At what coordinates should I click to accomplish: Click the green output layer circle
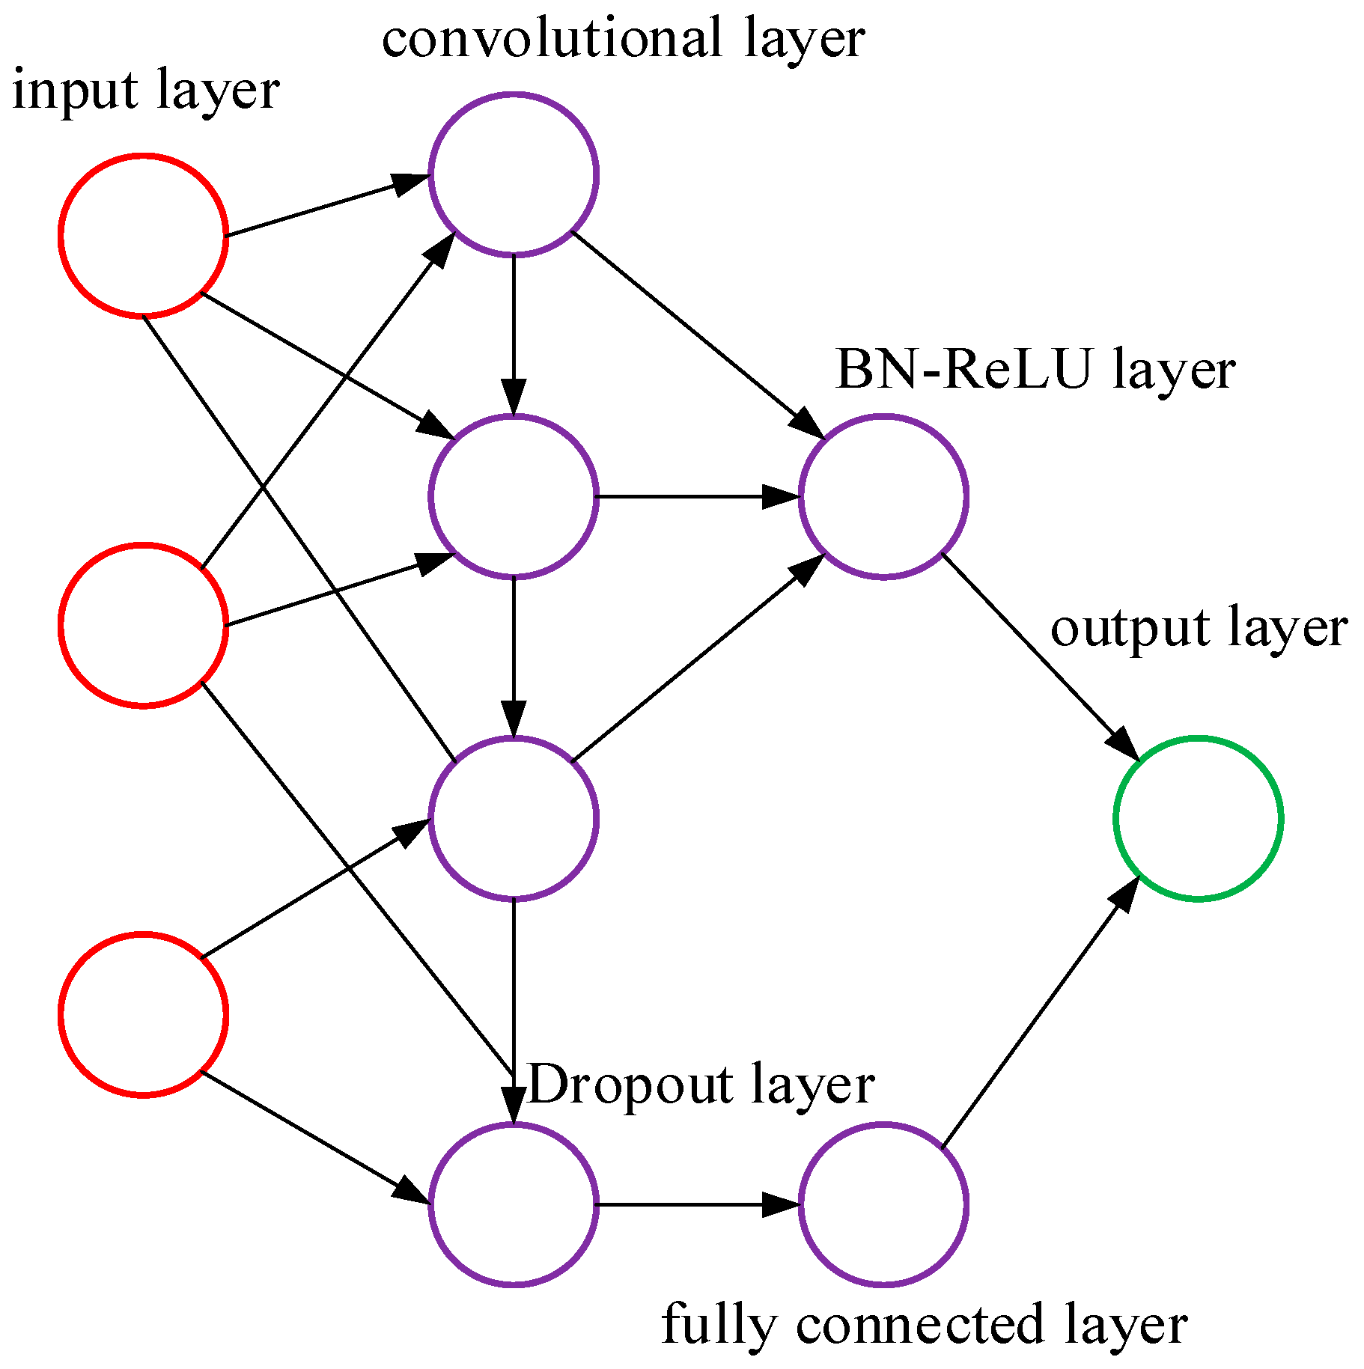pyautogui.click(x=1198, y=818)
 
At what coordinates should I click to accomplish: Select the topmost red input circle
pyautogui.click(x=143, y=236)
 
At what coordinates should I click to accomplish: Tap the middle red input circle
pyautogui.click(x=143, y=625)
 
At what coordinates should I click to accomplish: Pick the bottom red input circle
pyautogui.click(x=143, y=1014)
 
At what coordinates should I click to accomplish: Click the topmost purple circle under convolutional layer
pyautogui.click(x=514, y=174)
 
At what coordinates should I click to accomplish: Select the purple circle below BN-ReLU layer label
pyautogui.click(x=883, y=496)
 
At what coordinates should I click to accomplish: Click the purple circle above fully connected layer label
pyautogui.click(x=883, y=1204)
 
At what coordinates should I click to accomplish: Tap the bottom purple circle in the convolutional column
pyautogui.click(x=514, y=1204)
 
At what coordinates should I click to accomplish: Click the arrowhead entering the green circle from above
pyautogui.click(x=1123, y=745)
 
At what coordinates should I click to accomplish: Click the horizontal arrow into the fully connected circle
pyautogui.click(x=696, y=1204)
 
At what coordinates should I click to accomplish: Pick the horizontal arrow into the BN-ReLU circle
pyautogui.click(x=696, y=496)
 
